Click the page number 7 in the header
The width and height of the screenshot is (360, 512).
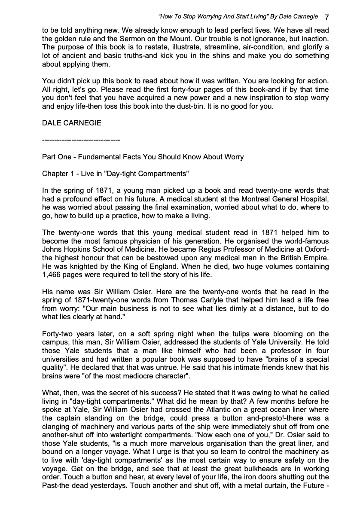click(x=327, y=17)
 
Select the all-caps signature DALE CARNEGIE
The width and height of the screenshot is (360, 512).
click(x=72, y=123)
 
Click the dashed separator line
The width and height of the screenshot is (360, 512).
click(x=81, y=140)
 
